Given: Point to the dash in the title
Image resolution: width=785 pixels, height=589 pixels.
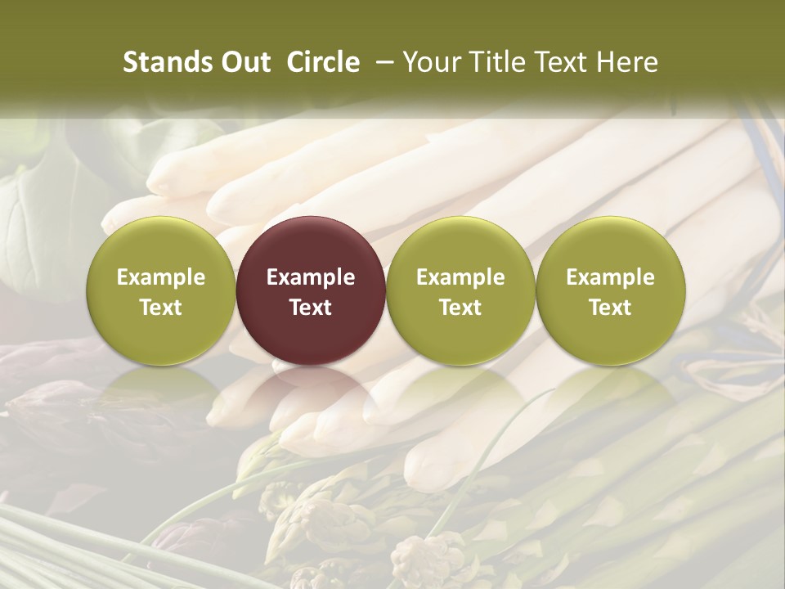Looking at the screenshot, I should coord(381,62).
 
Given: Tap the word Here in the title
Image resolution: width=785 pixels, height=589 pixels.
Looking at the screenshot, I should coord(627,62).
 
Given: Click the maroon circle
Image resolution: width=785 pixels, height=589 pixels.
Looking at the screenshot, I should coord(311,290).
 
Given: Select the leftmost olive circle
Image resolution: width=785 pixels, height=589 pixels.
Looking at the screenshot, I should coord(161,290).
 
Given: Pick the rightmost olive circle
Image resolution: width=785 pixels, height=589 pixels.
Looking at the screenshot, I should coord(610,290).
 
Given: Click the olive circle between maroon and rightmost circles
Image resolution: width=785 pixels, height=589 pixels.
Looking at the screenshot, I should coord(460,290).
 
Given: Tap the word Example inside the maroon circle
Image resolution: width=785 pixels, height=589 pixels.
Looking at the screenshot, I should coord(311,277).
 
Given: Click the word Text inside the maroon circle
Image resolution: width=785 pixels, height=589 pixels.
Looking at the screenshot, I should coord(311,308).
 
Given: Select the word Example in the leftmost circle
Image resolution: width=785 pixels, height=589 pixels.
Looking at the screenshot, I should coord(161,277).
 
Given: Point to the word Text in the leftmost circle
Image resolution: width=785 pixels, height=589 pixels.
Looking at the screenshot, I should coord(161,308).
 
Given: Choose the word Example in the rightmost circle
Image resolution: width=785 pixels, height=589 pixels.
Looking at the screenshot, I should coord(610,277).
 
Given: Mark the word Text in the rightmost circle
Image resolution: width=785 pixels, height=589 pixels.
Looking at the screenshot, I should coord(610,308).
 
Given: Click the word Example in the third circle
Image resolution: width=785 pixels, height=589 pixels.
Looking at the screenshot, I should coord(460,277).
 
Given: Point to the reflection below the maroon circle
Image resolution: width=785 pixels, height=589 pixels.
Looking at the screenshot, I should coord(311,389).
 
